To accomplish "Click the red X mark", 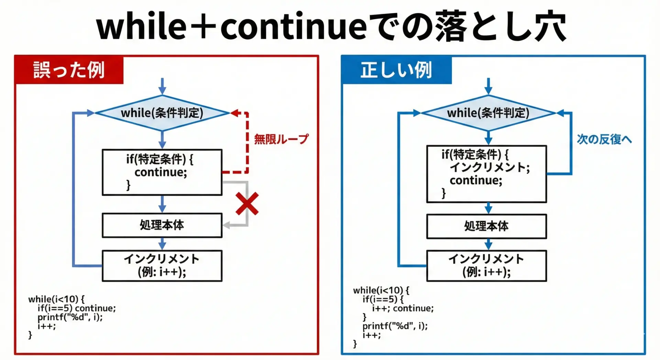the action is [247, 204].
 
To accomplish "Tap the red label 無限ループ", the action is [281, 139].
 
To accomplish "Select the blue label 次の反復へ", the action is [604, 139].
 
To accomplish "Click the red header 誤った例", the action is [69, 70].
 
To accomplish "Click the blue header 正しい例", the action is [396, 70].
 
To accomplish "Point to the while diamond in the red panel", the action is [162, 113].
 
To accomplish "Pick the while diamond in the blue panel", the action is [488, 113].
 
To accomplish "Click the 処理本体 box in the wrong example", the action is [162, 225].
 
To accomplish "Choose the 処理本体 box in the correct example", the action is [486, 226].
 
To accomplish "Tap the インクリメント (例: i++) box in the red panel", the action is [162, 266].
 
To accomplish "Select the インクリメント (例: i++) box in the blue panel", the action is [486, 266].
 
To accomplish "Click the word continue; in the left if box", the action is [161, 172].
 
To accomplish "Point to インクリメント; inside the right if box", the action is [490, 167].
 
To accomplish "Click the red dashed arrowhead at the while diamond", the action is [235, 113].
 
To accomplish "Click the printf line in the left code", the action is [70, 317].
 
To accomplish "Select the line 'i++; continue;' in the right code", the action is [403, 308].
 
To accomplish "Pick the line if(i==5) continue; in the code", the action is [77, 308].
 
